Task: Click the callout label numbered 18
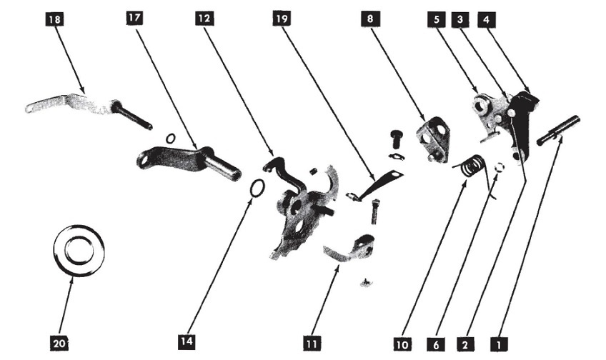coord(53,20)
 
